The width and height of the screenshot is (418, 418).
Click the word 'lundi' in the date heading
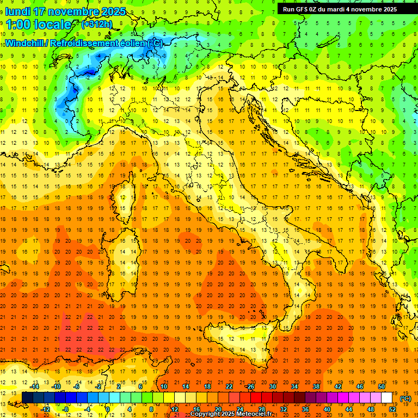17,11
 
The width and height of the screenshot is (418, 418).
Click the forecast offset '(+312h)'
96,24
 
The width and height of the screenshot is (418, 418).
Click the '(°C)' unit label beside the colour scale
405,398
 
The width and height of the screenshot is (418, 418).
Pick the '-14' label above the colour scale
35,386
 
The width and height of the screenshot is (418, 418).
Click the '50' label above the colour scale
381,386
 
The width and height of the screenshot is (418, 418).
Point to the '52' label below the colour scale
392,409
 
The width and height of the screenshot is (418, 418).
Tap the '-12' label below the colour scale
46,409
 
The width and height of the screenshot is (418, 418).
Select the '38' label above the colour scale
316,386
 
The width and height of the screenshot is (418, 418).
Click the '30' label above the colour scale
272,386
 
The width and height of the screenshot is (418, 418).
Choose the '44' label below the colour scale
349,409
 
